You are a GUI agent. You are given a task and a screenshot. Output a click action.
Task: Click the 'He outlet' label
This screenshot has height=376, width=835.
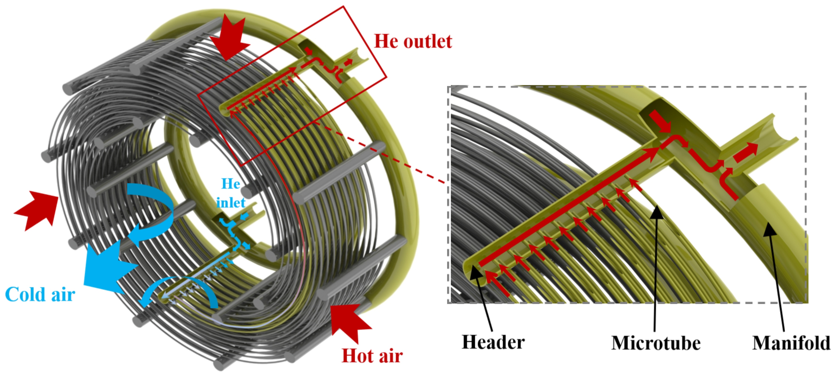413,42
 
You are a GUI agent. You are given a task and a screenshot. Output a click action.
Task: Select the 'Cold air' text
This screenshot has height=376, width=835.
40,294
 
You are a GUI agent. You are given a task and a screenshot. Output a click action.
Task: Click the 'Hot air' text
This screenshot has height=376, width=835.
372,356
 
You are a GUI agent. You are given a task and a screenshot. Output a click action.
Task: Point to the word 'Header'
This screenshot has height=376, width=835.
493,342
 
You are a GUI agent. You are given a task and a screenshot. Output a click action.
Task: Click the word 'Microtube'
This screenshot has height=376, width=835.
656,343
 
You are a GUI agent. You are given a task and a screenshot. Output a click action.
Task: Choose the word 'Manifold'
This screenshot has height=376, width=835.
791,343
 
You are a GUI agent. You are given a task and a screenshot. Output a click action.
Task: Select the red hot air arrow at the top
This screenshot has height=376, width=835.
229,37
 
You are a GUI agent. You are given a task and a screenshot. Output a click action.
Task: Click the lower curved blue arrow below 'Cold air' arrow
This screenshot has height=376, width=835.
182,290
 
